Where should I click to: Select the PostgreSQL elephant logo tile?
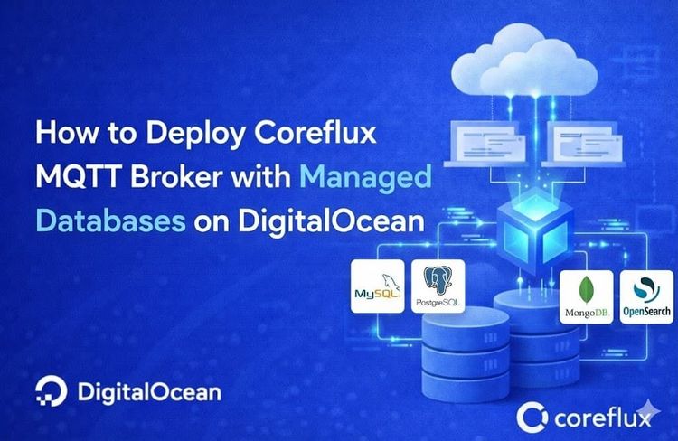pos(438,286)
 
